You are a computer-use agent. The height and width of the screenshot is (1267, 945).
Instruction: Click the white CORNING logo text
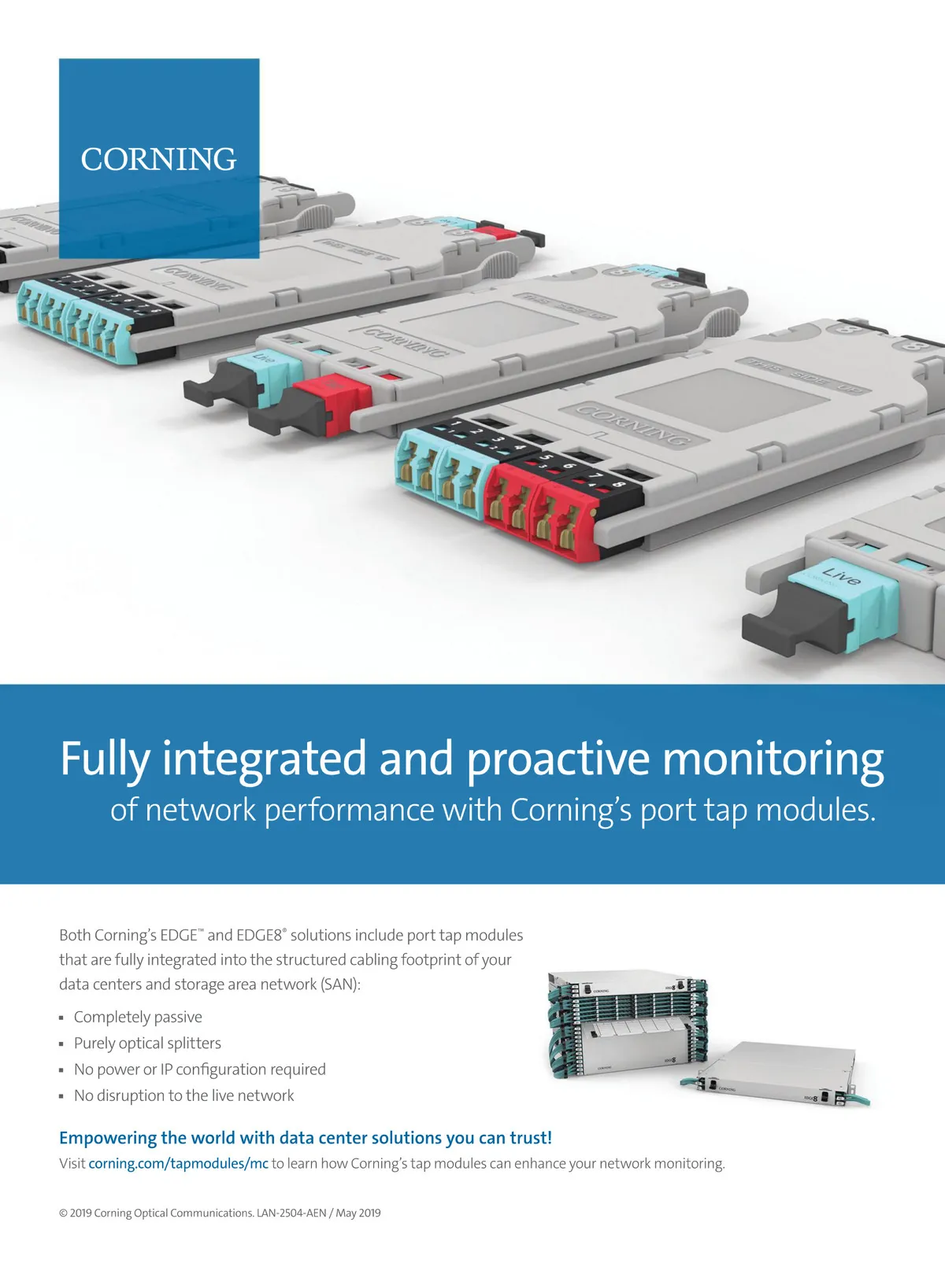(x=158, y=159)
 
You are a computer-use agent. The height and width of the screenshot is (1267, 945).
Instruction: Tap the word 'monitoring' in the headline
(x=773, y=759)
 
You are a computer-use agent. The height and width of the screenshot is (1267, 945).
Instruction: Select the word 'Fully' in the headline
(x=105, y=759)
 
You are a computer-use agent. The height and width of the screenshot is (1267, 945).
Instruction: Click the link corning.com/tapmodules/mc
(x=178, y=1163)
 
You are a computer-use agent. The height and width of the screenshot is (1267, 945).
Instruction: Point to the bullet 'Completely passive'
(x=138, y=1017)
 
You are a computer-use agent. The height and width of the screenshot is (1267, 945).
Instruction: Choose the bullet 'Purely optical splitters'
(x=147, y=1043)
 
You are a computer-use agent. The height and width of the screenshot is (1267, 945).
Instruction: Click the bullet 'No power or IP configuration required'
(x=199, y=1069)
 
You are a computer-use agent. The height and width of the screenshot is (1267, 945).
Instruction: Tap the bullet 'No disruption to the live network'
(x=183, y=1095)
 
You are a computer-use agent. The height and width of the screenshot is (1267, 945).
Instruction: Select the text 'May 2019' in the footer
(x=358, y=1213)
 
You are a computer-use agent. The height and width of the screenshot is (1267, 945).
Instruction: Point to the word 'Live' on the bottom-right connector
(x=841, y=575)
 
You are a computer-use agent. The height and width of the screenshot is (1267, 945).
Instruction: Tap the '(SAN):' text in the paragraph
(x=340, y=984)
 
